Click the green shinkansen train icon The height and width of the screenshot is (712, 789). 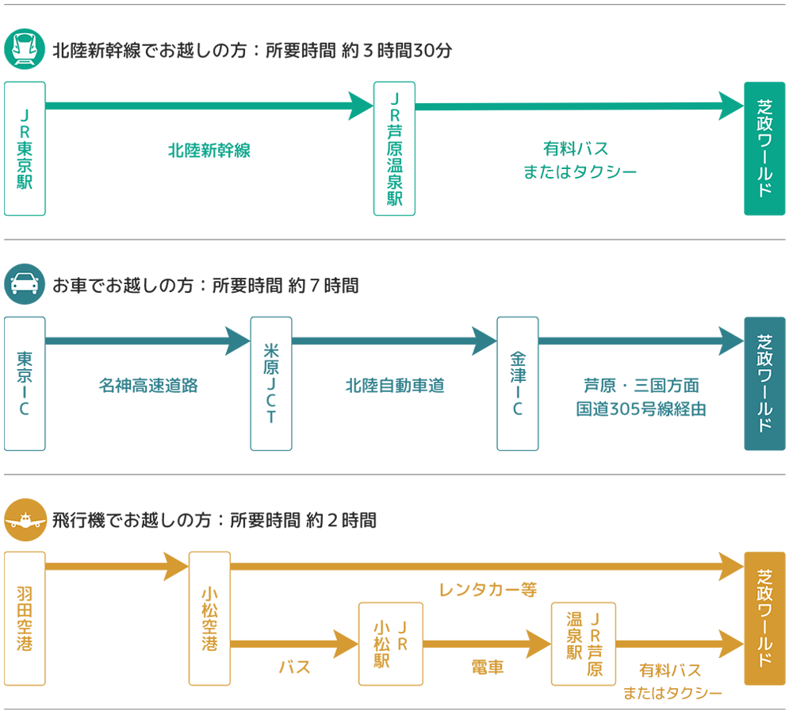[25, 49]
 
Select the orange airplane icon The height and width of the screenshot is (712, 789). [25, 520]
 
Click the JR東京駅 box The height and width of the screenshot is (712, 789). [25, 148]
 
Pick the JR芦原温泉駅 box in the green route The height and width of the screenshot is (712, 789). [394, 148]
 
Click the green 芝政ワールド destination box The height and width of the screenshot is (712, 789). [764, 148]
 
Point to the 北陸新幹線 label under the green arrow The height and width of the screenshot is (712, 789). [209, 150]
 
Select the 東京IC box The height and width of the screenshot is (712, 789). [25, 383]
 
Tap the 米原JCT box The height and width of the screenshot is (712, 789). [271, 383]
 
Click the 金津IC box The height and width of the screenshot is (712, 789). [517, 383]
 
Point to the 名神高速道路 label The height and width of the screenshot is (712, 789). [148, 386]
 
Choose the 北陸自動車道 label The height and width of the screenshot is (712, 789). [395, 386]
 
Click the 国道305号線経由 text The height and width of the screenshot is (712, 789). [641, 410]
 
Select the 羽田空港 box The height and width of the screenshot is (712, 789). [25, 618]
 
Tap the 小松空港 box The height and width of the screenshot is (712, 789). [209, 618]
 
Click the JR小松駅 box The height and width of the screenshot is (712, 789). [391, 643]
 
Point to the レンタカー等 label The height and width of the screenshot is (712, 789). [488, 590]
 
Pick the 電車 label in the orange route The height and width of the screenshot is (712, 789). [488, 668]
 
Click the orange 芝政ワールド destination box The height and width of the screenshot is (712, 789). [764, 618]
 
